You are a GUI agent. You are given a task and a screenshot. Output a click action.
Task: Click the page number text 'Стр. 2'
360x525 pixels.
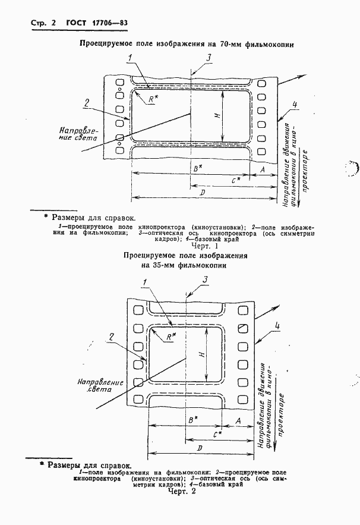coord(43,24)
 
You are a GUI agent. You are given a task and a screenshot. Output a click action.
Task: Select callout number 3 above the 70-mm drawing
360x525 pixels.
coord(209,57)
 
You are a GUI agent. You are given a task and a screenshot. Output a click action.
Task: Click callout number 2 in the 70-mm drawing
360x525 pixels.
coord(87,102)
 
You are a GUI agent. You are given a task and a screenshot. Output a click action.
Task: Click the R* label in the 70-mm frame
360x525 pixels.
coord(153,100)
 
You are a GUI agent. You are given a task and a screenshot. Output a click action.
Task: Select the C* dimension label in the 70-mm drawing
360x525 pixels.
coord(236,179)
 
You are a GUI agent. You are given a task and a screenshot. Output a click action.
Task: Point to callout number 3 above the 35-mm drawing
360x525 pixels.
coord(204,280)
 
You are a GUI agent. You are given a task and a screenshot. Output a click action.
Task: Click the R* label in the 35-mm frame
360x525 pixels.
coord(170,337)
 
